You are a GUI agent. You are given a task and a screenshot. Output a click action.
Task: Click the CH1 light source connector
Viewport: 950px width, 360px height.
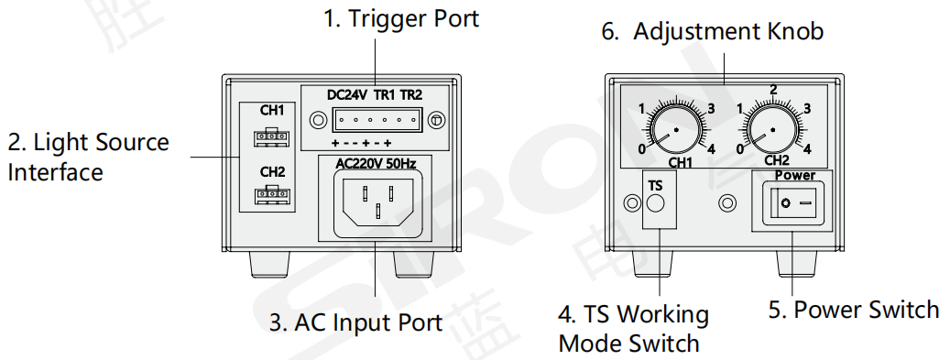[x=272, y=137]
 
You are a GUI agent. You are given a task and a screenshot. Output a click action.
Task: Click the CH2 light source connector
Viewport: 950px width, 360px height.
[x=272, y=196]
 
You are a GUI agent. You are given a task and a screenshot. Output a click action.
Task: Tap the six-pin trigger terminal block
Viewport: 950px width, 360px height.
[x=377, y=120]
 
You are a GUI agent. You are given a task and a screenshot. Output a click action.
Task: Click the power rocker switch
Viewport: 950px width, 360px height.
[x=792, y=202]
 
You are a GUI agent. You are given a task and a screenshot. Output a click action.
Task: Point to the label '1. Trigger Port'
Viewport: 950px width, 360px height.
[x=400, y=18]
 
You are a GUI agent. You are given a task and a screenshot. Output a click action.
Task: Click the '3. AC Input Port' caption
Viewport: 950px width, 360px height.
[x=355, y=322]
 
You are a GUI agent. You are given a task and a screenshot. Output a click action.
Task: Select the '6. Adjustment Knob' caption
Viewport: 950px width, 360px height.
[x=713, y=31]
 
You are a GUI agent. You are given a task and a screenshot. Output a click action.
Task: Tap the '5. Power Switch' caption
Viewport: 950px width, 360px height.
[x=854, y=310]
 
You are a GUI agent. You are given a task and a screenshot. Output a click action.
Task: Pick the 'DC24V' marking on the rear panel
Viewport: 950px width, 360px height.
[x=346, y=95]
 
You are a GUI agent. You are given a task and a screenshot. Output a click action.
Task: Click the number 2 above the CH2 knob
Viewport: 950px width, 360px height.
[x=773, y=91]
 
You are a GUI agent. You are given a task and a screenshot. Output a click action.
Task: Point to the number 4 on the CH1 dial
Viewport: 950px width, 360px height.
[x=711, y=148]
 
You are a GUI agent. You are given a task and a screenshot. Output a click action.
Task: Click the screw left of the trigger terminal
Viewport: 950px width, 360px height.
[x=317, y=120]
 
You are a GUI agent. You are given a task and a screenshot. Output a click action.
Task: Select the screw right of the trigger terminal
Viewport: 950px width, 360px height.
[x=437, y=120]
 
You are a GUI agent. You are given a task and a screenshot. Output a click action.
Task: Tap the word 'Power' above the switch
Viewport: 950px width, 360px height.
[x=795, y=176]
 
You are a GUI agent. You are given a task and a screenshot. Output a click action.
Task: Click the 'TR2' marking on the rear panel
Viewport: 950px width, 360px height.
[x=410, y=95]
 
